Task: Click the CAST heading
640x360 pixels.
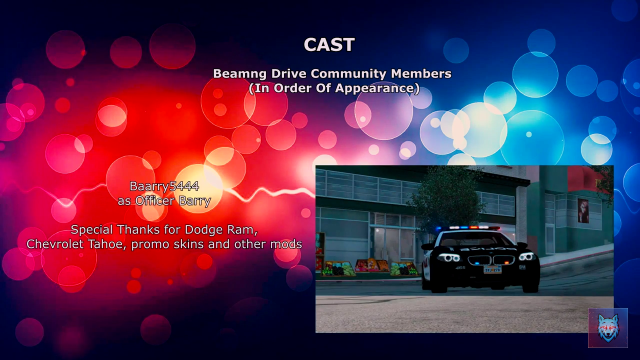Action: coord(329,44)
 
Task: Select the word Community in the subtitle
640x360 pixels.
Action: coord(348,73)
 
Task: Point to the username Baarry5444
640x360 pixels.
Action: coord(164,186)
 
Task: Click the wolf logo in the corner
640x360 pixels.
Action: coord(607,328)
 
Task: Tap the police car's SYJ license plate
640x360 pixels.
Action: coord(492,269)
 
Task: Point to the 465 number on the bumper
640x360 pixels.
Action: coord(460,267)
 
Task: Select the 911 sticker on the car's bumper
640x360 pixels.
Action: coord(522,267)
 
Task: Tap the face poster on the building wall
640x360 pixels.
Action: coord(583,210)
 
